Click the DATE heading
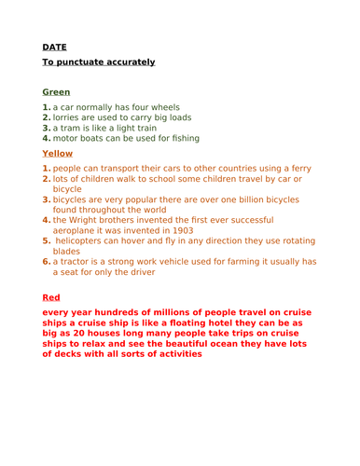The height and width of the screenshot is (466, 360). (x=54, y=47)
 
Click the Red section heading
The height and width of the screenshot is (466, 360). (x=51, y=297)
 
